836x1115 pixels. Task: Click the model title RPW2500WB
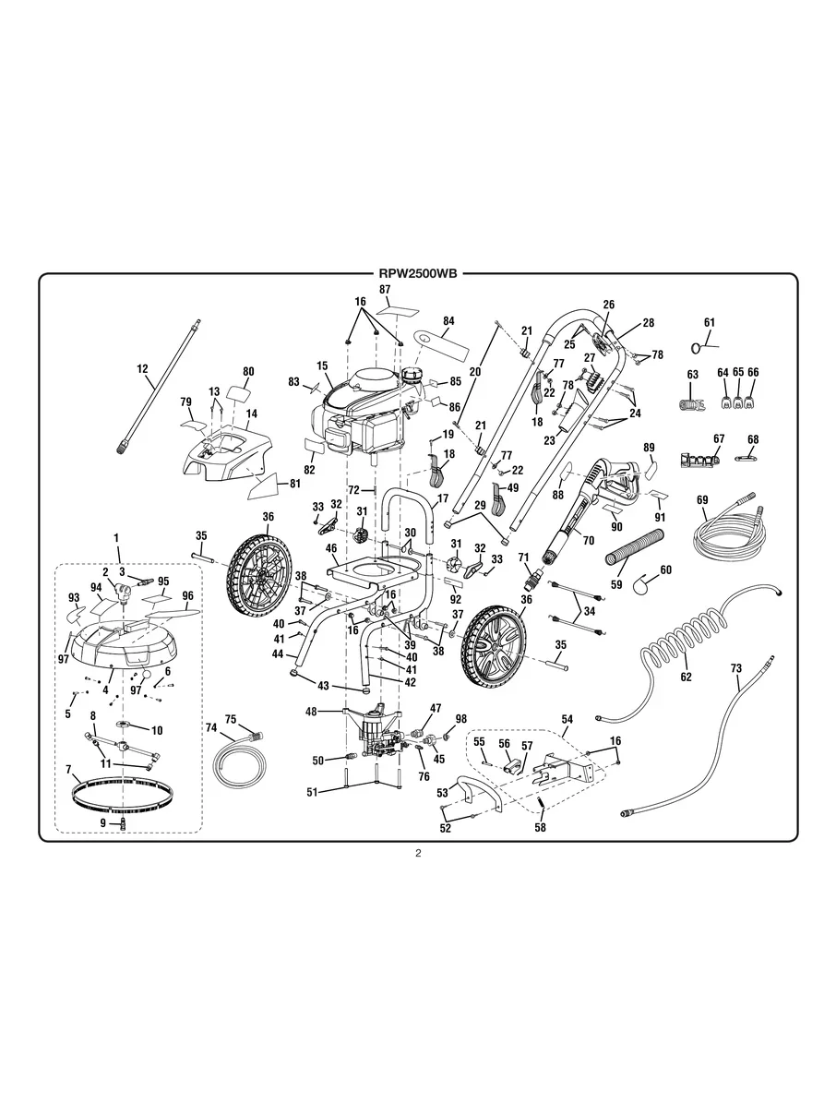pyautogui.click(x=418, y=273)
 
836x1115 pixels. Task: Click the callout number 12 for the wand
pyautogui.click(x=143, y=368)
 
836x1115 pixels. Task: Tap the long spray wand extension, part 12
pyautogui.click(x=159, y=386)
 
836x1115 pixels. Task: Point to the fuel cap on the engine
pyautogui.click(x=412, y=376)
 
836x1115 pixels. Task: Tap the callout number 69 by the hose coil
pyautogui.click(x=702, y=500)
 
